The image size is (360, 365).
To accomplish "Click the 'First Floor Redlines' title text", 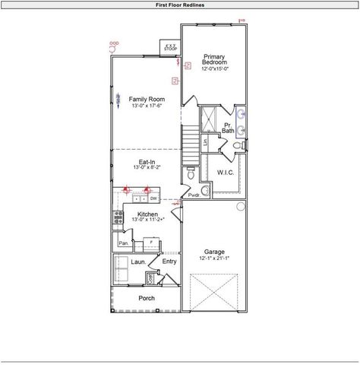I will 179,4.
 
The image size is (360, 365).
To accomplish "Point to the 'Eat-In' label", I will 147,163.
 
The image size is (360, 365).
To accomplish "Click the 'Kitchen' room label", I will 147,215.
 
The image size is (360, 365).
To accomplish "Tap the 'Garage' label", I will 214,252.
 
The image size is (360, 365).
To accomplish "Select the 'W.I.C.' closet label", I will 226,173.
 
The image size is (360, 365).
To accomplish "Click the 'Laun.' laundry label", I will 138,262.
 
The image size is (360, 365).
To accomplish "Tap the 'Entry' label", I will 169,262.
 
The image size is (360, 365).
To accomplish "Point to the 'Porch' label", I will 147,298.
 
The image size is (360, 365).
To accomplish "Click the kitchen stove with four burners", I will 118,218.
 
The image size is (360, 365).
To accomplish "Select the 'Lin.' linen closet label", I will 206,141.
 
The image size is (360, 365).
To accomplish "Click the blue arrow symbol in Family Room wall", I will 118,100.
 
